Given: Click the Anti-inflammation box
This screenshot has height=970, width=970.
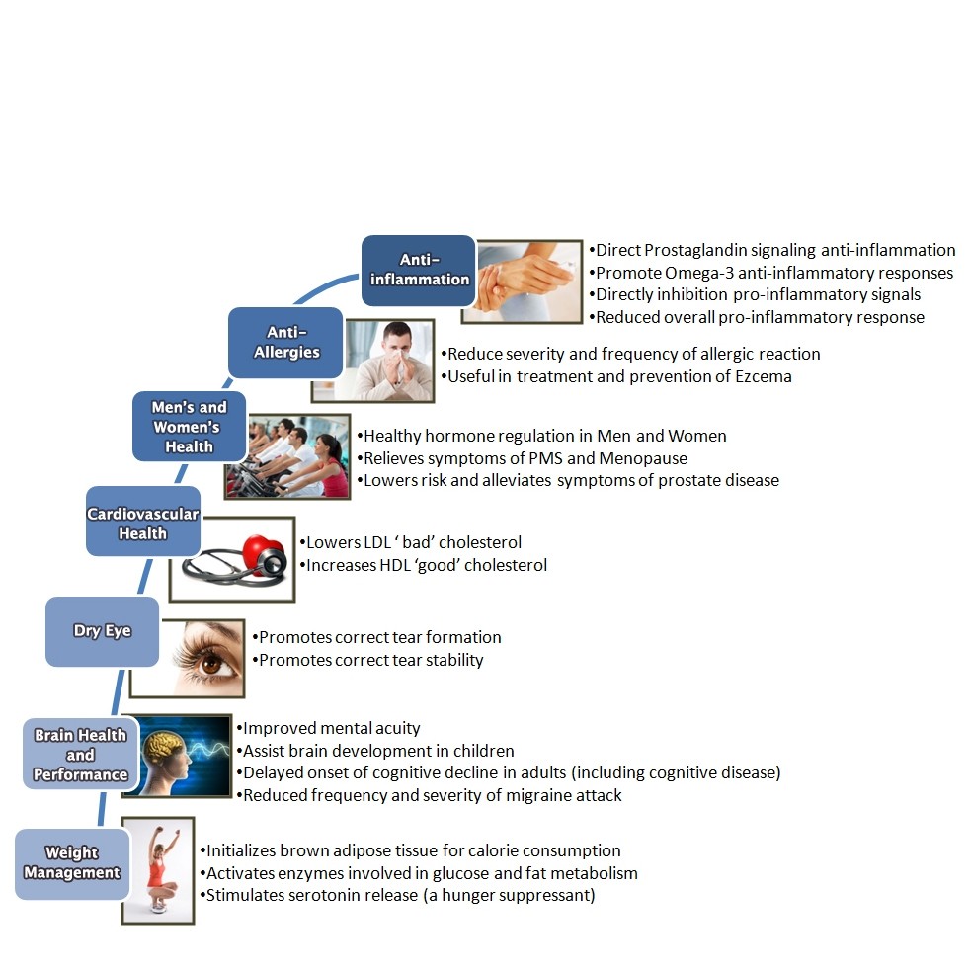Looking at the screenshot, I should (419, 269).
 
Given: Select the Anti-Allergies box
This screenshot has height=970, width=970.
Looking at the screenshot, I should (286, 342).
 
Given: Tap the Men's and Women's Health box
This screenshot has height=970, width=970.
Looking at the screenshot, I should (189, 427).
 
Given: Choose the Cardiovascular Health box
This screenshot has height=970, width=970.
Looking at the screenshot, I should (143, 523).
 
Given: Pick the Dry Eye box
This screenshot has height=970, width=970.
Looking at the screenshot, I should (102, 630).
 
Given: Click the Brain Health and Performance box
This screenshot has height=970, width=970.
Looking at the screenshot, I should (80, 755).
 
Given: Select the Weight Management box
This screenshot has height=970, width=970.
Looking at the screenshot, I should (72, 862).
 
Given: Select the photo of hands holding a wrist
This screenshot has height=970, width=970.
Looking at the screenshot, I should (528, 281).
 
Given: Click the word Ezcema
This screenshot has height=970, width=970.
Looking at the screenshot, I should (762, 376).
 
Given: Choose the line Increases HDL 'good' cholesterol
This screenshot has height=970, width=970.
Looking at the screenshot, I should (426, 565).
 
